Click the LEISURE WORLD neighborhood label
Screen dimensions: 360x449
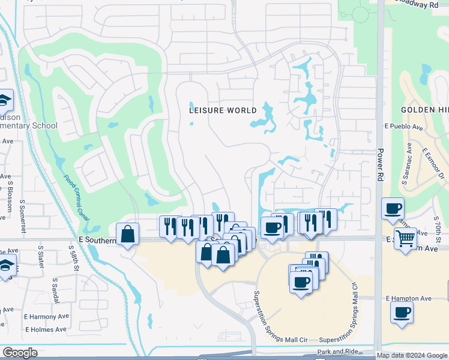(223, 110)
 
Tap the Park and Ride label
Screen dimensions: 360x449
(337, 352)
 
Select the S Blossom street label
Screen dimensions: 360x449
(10, 196)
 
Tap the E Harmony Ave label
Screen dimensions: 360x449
(46, 316)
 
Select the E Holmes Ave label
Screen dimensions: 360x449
(46, 329)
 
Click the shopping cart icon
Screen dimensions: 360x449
(406, 238)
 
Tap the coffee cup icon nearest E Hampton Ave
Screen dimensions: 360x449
(401, 311)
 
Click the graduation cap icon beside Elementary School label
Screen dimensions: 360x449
(5, 99)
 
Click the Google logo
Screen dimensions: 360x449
(20, 353)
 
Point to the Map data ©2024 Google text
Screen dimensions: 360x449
(412, 355)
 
